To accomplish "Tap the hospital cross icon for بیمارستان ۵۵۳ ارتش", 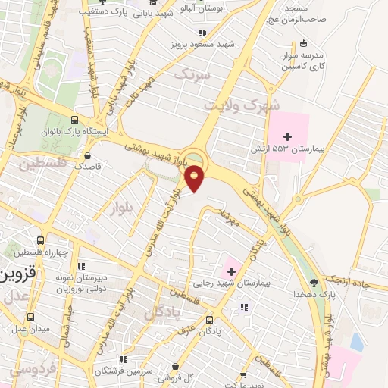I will (286, 135).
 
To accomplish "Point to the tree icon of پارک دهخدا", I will (312, 293).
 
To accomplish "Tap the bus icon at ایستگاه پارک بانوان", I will (74, 120).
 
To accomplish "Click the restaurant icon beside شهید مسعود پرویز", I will (202, 33).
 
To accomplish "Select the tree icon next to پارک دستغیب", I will (108, 13).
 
